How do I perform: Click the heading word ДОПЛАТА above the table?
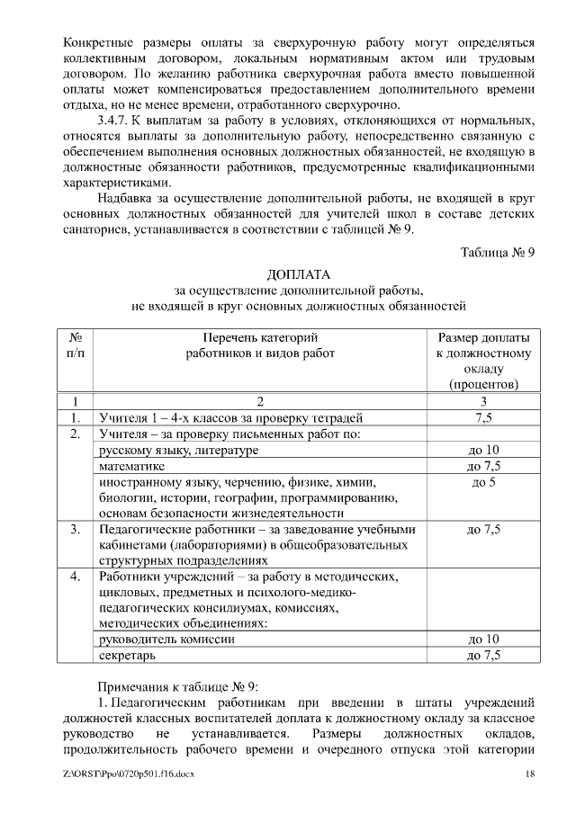(299, 273)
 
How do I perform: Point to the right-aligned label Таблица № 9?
(498, 251)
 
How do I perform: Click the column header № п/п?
(76, 345)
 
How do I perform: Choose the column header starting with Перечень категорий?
(260, 345)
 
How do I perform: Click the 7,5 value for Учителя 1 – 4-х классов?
(483, 417)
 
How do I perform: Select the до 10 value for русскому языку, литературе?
(483, 450)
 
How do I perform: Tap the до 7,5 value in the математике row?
(483, 466)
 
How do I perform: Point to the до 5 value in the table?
(483, 482)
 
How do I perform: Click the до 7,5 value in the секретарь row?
(483, 655)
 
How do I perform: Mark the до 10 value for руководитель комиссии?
(483, 639)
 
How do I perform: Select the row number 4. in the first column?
(76, 575)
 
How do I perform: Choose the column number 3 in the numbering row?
(483, 401)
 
